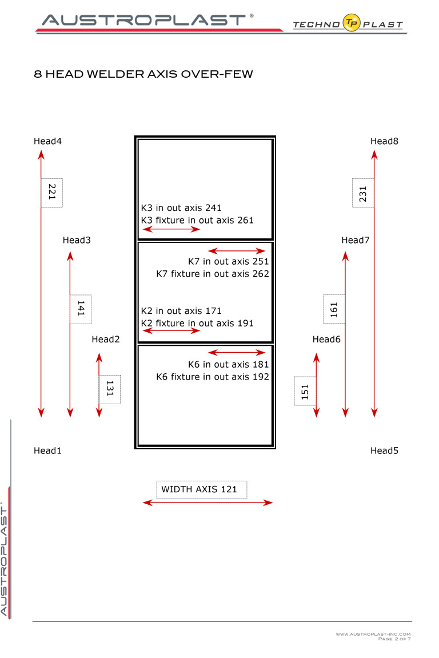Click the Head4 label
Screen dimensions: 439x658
click(x=47, y=141)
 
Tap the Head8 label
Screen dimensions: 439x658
click(x=384, y=141)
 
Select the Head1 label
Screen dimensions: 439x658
click(x=47, y=450)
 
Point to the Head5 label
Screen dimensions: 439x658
click(x=384, y=450)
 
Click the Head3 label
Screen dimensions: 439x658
click(x=77, y=240)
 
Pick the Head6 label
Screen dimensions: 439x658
click(x=326, y=339)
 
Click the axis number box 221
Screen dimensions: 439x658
click(x=51, y=193)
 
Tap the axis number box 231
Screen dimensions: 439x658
click(x=363, y=193)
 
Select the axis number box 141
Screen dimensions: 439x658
click(x=81, y=309)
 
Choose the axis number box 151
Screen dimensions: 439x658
click(x=305, y=391)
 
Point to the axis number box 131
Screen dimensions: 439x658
click(x=110, y=389)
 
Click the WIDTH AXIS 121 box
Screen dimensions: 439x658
click(x=201, y=489)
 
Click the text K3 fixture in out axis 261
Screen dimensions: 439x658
click(x=197, y=220)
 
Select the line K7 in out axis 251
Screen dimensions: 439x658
click(x=228, y=261)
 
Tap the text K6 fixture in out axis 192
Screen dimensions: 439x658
click(x=213, y=377)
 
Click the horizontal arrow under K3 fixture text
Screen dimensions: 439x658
click(x=171, y=229)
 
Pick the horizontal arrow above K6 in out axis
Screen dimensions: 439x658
click(x=237, y=353)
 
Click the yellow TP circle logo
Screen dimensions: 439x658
click(x=352, y=23)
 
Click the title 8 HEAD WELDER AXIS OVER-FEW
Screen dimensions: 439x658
click(x=143, y=74)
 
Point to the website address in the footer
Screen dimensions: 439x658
click(x=373, y=634)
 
